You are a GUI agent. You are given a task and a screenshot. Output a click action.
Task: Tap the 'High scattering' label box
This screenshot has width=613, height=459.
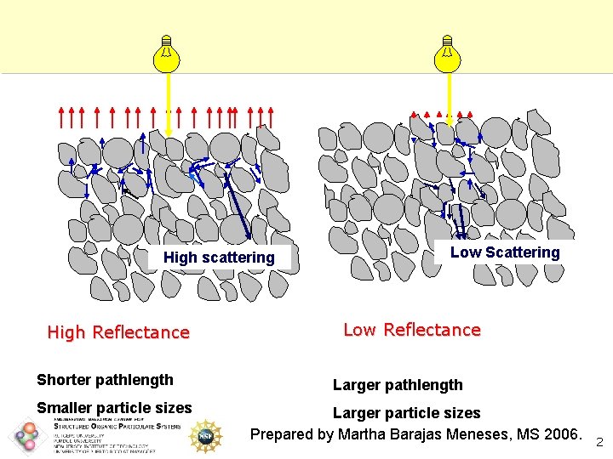pos(219,258)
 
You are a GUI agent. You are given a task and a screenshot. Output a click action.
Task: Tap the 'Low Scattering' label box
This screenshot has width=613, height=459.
pos(505,252)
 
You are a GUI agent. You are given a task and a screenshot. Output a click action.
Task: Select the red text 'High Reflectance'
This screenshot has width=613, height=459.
pos(118,332)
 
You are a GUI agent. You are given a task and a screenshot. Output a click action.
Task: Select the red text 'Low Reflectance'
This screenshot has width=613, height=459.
pos(412,330)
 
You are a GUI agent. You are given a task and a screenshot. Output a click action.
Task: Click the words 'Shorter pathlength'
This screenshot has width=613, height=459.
pos(105,380)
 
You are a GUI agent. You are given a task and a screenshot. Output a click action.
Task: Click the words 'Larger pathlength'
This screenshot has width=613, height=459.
pos(398,385)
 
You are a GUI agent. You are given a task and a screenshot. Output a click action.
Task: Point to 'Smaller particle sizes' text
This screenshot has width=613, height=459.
pos(114,408)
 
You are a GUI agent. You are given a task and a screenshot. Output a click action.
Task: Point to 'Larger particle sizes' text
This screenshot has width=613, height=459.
pos(406,413)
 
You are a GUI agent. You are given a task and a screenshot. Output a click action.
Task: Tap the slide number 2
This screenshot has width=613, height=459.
pos(599,442)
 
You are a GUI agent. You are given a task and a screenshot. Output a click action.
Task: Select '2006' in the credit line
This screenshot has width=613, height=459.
pos(560,435)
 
